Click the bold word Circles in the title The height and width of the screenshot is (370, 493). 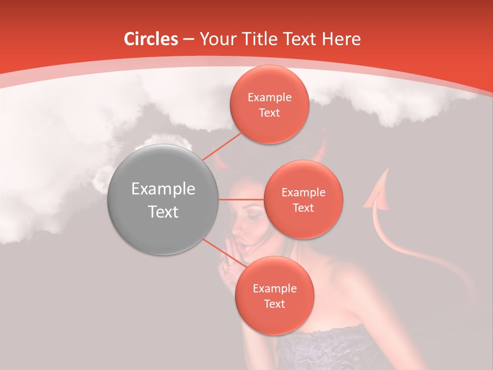150,39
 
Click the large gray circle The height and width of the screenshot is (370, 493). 163,199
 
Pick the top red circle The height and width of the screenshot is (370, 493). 269,105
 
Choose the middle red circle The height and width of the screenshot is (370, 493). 303,199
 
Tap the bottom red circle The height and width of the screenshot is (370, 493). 274,295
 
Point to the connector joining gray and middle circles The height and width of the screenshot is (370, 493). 241,199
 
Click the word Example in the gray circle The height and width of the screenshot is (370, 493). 163,189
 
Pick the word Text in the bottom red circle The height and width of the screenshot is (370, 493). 274,304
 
